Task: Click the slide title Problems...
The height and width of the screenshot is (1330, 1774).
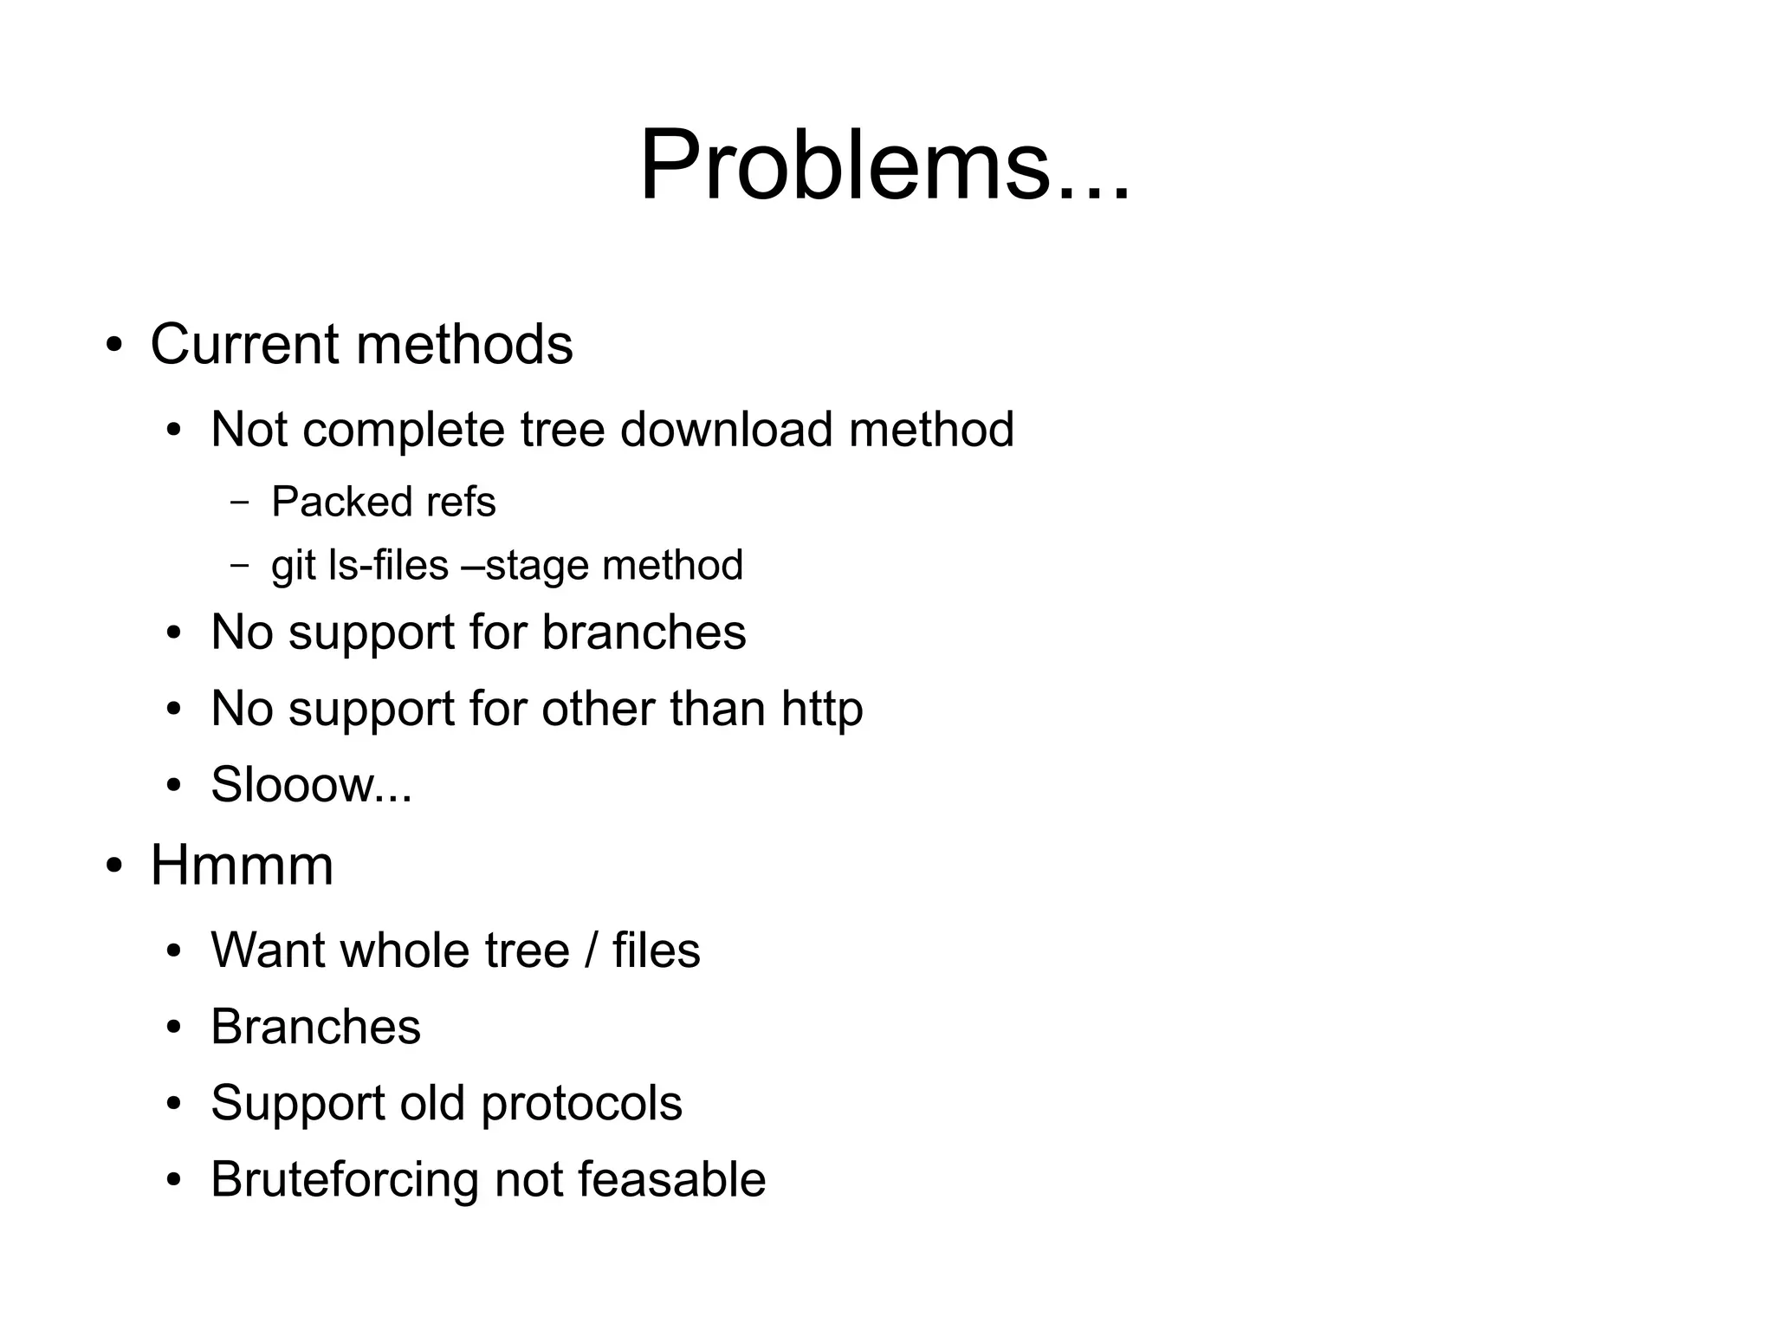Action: [x=884, y=165]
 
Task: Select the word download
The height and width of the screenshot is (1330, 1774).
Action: [x=727, y=429]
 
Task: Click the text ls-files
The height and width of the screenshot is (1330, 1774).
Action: [x=389, y=565]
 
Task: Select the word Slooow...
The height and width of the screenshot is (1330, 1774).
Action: [x=292, y=785]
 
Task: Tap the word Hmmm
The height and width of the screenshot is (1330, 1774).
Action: [x=242, y=865]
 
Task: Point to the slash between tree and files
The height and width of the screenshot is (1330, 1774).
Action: [x=591, y=950]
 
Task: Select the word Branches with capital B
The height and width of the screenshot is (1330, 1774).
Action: [x=315, y=1027]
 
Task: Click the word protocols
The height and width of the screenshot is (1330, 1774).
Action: [x=581, y=1103]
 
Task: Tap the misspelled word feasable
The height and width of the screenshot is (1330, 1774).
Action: [x=671, y=1180]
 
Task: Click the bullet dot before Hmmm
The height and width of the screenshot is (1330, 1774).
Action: [x=114, y=866]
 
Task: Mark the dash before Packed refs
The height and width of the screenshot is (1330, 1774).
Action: [x=240, y=503]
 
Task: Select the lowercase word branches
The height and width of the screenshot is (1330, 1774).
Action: [x=644, y=633]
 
